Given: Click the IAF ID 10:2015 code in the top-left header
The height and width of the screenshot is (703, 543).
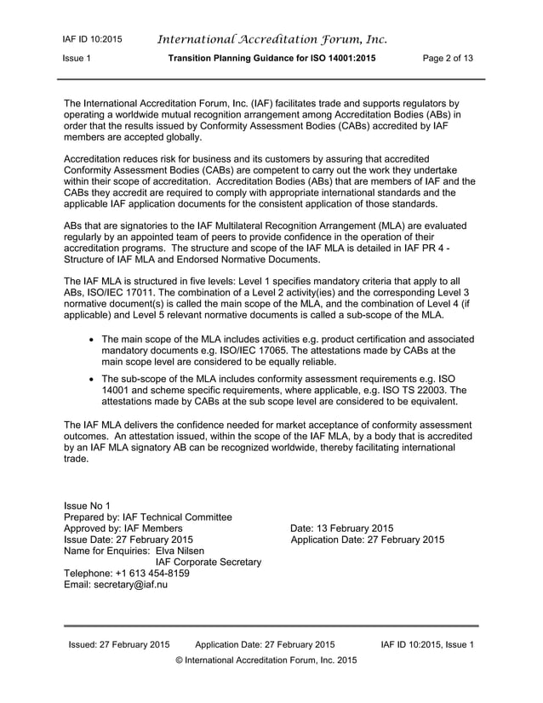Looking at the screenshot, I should [x=92, y=39].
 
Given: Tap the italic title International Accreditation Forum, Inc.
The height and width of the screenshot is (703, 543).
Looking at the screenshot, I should [x=272, y=38].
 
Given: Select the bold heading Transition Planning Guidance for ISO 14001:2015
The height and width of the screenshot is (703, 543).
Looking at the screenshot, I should [x=271, y=59].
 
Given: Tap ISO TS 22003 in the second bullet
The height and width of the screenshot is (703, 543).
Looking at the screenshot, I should [x=415, y=392].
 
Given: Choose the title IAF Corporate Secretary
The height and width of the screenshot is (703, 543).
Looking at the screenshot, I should [x=208, y=562].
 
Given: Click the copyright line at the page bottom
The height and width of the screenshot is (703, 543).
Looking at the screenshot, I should [x=266, y=660].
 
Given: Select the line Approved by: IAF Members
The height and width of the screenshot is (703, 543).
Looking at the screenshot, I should [x=123, y=528].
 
